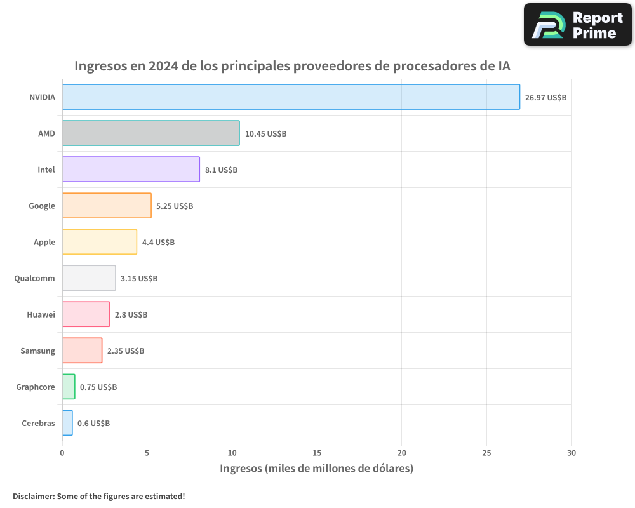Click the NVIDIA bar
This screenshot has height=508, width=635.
click(291, 97)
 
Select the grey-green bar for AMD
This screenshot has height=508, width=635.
click(150, 133)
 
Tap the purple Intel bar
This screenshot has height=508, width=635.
click(131, 170)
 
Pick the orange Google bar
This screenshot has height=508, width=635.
click(107, 206)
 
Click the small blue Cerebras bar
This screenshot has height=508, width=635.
click(67, 423)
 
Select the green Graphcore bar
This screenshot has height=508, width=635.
click(69, 387)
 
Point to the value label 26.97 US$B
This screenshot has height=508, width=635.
click(545, 97)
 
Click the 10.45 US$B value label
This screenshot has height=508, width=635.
click(265, 133)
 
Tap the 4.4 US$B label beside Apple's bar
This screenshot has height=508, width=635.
click(158, 242)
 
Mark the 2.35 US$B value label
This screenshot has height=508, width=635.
click(125, 351)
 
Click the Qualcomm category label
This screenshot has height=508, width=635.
click(34, 278)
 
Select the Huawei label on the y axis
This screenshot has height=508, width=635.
click(41, 314)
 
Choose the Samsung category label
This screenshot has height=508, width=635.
click(37, 351)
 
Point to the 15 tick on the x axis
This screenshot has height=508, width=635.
click(317, 453)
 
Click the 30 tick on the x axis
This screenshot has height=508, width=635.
click(571, 453)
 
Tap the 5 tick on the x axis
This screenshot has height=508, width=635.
click(147, 453)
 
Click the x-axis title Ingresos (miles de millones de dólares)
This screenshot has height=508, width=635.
click(316, 469)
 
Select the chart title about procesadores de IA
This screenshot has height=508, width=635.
click(292, 66)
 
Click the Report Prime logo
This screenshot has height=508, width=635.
click(578, 25)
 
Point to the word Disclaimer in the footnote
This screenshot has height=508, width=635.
click(33, 496)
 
